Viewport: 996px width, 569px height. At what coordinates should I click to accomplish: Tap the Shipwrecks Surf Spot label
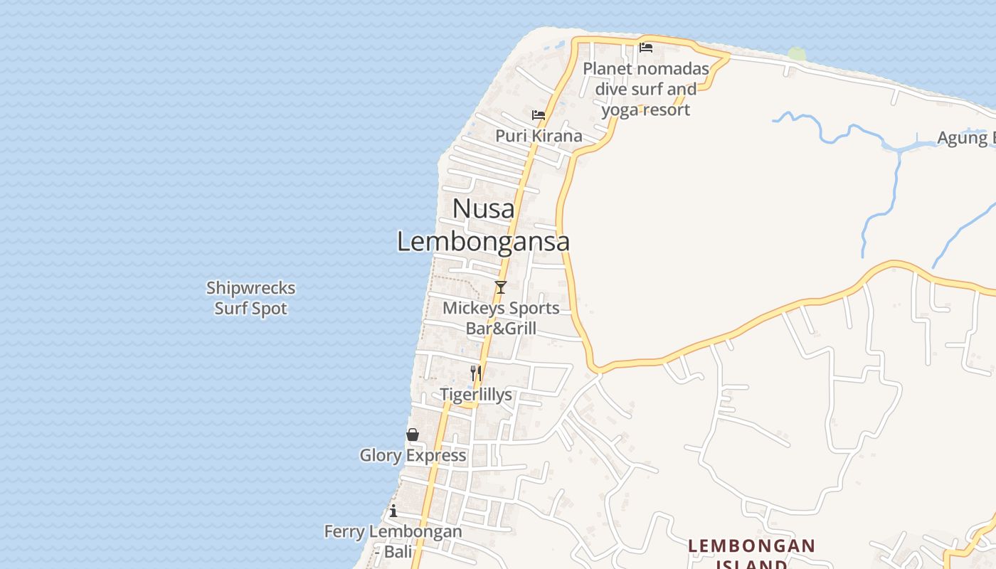click(x=251, y=298)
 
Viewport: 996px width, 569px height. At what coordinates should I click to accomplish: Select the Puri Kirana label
click(x=539, y=136)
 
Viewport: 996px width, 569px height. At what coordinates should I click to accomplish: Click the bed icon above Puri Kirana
click(x=539, y=115)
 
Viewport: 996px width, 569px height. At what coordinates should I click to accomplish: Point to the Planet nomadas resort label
click(x=646, y=89)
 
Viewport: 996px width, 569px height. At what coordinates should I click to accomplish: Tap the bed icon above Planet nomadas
click(x=646, y=48)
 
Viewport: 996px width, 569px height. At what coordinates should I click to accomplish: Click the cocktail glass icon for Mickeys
click(x=501, y=287)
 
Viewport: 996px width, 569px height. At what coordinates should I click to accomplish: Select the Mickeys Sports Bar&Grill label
click(x=501, y=318)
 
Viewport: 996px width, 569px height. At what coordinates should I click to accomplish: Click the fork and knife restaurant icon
click(x=476, y=372)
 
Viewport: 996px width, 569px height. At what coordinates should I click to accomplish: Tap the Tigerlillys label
click(x=476, y=395)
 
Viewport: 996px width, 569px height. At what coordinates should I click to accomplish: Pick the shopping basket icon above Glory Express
click(x=413, y=435)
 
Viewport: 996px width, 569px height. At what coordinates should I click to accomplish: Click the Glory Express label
click(x=413, y=455)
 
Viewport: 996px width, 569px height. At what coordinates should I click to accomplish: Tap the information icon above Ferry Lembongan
click(x=393, y=511)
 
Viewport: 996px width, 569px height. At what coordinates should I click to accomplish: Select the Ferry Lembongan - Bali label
click(x=393, y=541)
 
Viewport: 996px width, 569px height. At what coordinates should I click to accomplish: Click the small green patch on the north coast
click(x=797, y=54)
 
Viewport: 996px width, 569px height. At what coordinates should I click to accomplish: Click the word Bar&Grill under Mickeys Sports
click(x=501, y=329)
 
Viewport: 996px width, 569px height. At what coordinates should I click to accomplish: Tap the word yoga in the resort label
click(x=620, y=110)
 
